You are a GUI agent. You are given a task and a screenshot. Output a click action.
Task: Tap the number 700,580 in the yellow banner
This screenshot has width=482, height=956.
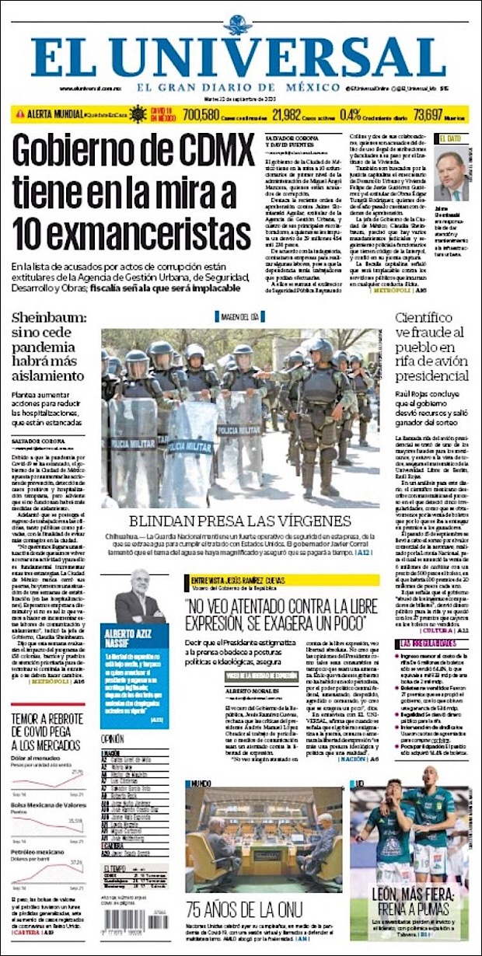(x=201, y=114)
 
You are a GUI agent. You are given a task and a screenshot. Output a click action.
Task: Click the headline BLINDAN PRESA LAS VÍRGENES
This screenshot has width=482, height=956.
(x=240, y=522)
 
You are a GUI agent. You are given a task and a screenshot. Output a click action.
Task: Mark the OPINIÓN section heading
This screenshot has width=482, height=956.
(x=114, y=738)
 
